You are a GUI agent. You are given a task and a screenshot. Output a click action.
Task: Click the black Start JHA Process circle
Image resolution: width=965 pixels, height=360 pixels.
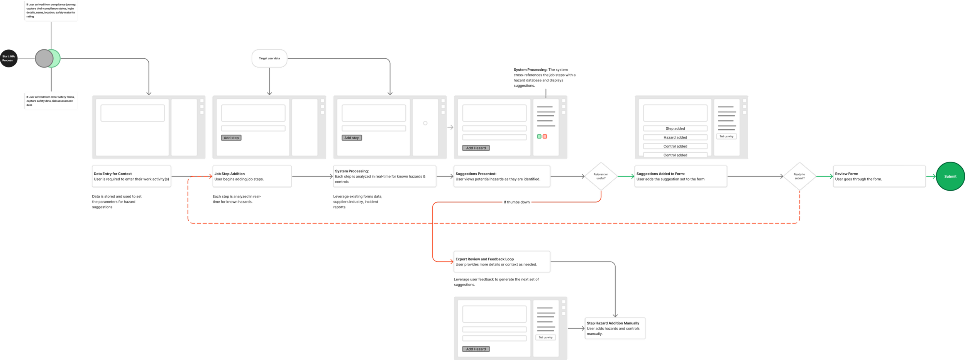(8, 58)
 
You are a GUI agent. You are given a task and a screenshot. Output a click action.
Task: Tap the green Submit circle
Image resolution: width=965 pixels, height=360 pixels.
(950, 176)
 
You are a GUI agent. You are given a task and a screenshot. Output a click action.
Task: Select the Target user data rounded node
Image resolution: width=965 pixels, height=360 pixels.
(269, 58)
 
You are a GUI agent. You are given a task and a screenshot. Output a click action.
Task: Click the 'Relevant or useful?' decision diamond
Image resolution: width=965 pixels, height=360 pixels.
(601, 176)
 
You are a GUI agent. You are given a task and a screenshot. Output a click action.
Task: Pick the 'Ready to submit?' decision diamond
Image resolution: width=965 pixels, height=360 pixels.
(799, 176)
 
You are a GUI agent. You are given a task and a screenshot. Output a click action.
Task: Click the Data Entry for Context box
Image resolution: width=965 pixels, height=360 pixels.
(131, 176)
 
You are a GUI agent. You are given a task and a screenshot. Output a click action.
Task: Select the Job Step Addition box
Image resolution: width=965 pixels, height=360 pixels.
(252, 176)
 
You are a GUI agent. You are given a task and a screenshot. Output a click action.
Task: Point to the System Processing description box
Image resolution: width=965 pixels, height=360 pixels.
(384, 176)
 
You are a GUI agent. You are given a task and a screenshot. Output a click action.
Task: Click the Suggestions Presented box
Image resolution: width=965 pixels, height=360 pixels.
(502, 176)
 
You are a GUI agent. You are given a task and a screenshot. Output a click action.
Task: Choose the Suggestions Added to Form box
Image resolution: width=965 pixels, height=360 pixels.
(681, 176)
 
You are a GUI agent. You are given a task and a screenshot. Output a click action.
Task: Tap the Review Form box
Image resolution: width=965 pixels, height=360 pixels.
(879, 176)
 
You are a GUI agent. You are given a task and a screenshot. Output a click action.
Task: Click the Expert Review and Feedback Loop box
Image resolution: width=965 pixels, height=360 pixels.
(502, 262)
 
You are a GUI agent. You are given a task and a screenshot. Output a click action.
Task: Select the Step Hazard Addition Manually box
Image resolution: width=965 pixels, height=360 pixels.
(615, 328)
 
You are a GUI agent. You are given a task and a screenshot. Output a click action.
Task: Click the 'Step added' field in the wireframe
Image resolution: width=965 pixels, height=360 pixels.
(675, 128)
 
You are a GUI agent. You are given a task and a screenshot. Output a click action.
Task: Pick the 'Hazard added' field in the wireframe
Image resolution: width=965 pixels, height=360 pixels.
(675, 137)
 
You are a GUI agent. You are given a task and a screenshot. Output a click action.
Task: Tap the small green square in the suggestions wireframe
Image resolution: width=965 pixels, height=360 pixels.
(539, 137)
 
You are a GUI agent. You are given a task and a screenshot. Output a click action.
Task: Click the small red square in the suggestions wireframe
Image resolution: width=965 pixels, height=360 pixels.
(545, 137)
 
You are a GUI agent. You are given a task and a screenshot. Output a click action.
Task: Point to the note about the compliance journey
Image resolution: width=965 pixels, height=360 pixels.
(51, 11)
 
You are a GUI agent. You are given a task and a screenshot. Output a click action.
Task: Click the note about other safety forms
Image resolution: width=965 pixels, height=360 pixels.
(51, 101)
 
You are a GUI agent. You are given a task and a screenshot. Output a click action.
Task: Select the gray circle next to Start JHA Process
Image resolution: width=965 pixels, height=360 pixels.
(44, 59)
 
